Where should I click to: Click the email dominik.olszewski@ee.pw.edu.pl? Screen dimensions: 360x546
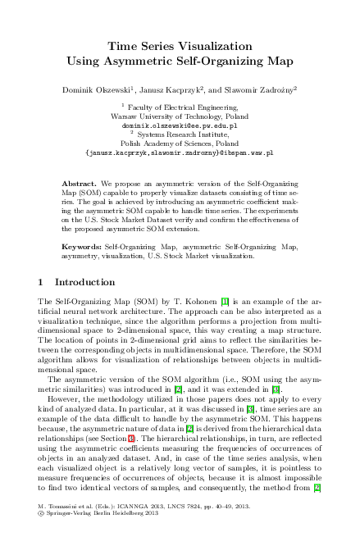click(180, 125)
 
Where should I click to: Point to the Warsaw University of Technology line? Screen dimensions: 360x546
click(180, 116)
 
